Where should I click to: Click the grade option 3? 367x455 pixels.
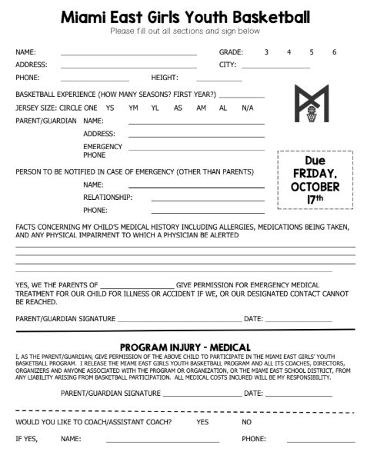pos(266,51)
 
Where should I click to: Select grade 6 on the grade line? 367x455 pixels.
pos(334,51)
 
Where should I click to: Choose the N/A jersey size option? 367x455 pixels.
pos(247,108)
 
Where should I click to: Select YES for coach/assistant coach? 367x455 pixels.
pos(203,422)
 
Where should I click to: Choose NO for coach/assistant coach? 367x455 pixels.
pos(247,422)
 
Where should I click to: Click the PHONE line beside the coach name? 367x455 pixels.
pos(321,443)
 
